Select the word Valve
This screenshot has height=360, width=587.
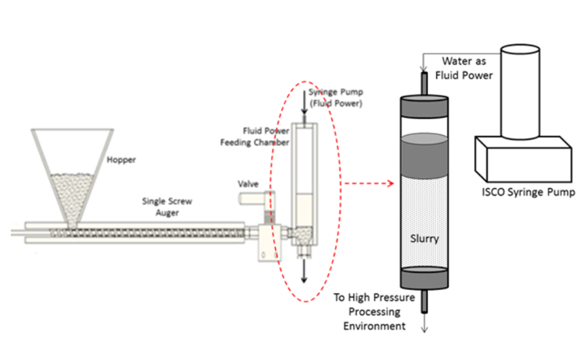(x=249, y=184)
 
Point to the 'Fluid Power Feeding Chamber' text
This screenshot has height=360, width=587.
(x=266, y=136)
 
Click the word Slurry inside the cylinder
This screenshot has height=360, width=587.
(x=425, y=239)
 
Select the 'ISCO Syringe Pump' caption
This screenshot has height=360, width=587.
(x=524, y=192)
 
